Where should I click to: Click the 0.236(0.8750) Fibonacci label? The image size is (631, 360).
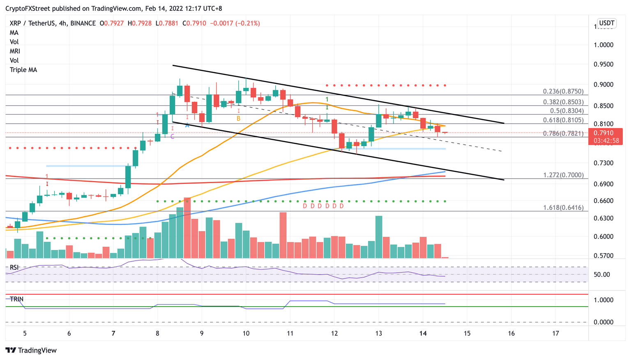coord(563,92)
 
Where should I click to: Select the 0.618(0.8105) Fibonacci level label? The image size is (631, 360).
coord(563,120)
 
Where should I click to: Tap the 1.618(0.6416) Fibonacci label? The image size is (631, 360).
coord(563,208)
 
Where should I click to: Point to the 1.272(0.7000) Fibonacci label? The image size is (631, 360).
coord(563,175)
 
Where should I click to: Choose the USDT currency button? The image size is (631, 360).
coord(606,23)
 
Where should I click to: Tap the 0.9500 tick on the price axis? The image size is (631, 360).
coord(603,65)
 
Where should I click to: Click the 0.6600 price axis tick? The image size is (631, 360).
coord(603,201)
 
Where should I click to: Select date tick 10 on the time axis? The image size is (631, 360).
coord(246,333)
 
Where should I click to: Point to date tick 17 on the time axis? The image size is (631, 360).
coord(555,333)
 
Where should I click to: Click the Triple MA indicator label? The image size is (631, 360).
coord(23,70)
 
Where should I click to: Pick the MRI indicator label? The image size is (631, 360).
coord(15,51)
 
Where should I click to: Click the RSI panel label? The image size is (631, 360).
coord(14,268)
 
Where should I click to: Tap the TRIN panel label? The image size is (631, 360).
coord(16,299)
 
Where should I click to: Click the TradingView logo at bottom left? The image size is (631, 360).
coord(31,350)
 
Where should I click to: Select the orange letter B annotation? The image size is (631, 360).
coord(238,119)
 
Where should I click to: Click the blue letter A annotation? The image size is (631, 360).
coord(187,125)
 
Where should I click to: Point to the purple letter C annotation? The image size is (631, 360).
coord(172,136)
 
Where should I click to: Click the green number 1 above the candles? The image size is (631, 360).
coord(327,100)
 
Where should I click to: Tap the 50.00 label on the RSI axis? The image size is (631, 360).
coord(602,275)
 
